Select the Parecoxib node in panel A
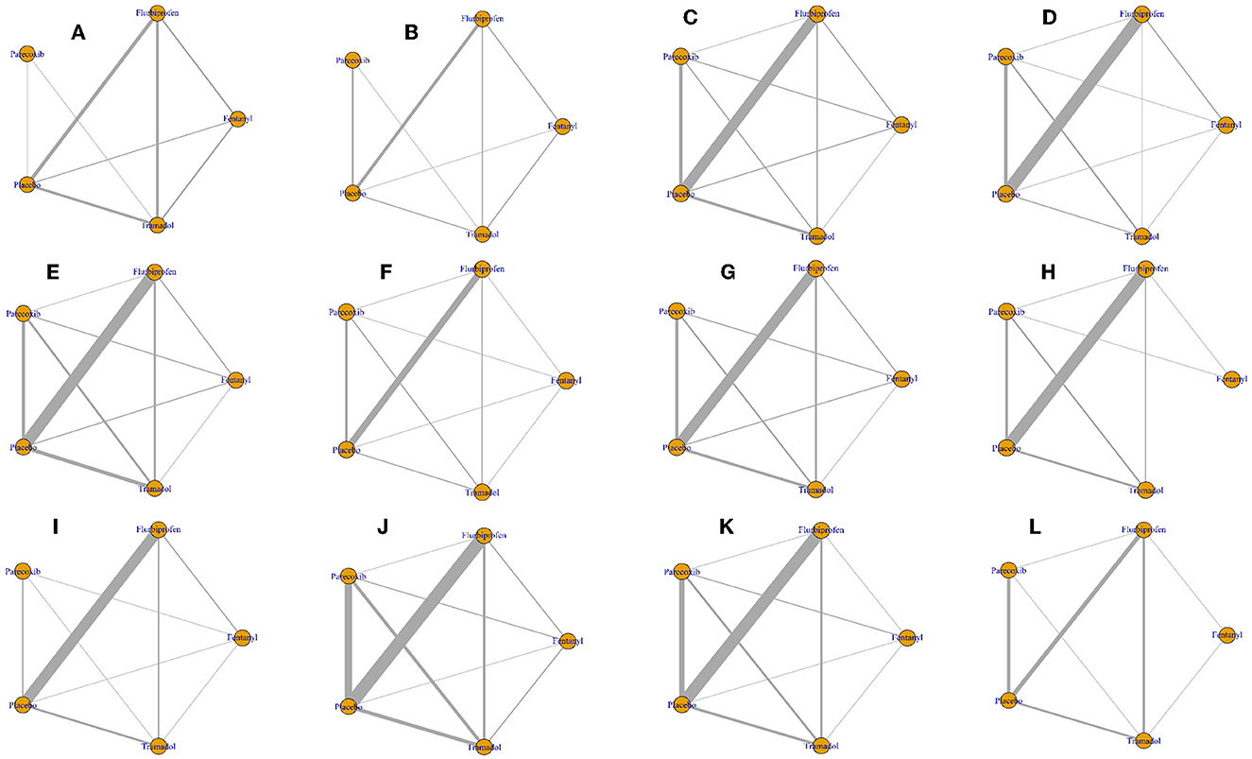point(27,54)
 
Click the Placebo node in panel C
point(679,193)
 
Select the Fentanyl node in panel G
point(900,378)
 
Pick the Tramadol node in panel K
point(821,744)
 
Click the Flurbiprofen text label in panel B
point(482,18)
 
